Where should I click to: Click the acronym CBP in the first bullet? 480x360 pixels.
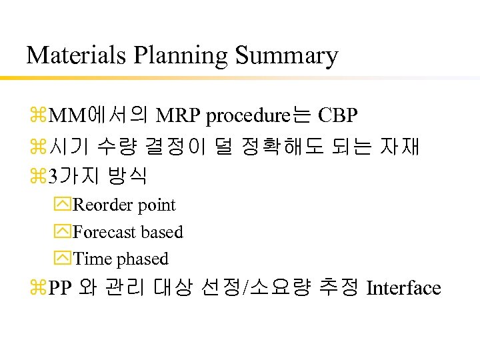pyautogui.click(x=338, y=116)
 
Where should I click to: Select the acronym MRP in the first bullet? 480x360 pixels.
pyautogui.click(x=179, y=116)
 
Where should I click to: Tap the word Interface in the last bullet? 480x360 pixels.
pyautogui.click(x=404, y=288)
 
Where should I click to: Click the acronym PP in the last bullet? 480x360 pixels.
pyautogui.click(x=61, y=289)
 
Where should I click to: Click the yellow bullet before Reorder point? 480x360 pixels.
pyautogui.click(x=64, y=205)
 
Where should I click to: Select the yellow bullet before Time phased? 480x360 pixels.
pyautogui.click(x=64, y=259)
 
